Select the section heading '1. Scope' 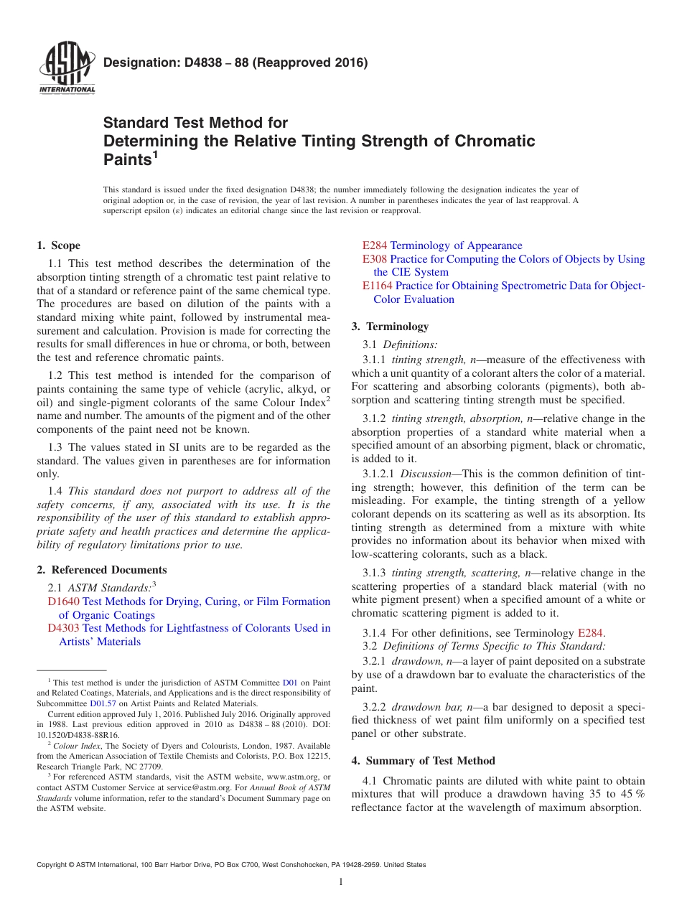[59, 245]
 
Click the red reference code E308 [375, 259]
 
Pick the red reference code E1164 [378, 286]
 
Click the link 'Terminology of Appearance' [456, 245]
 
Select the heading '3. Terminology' [390, 327]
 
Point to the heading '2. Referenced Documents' [102, 570]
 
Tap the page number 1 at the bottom [340, 882]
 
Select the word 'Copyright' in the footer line [55, 865]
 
